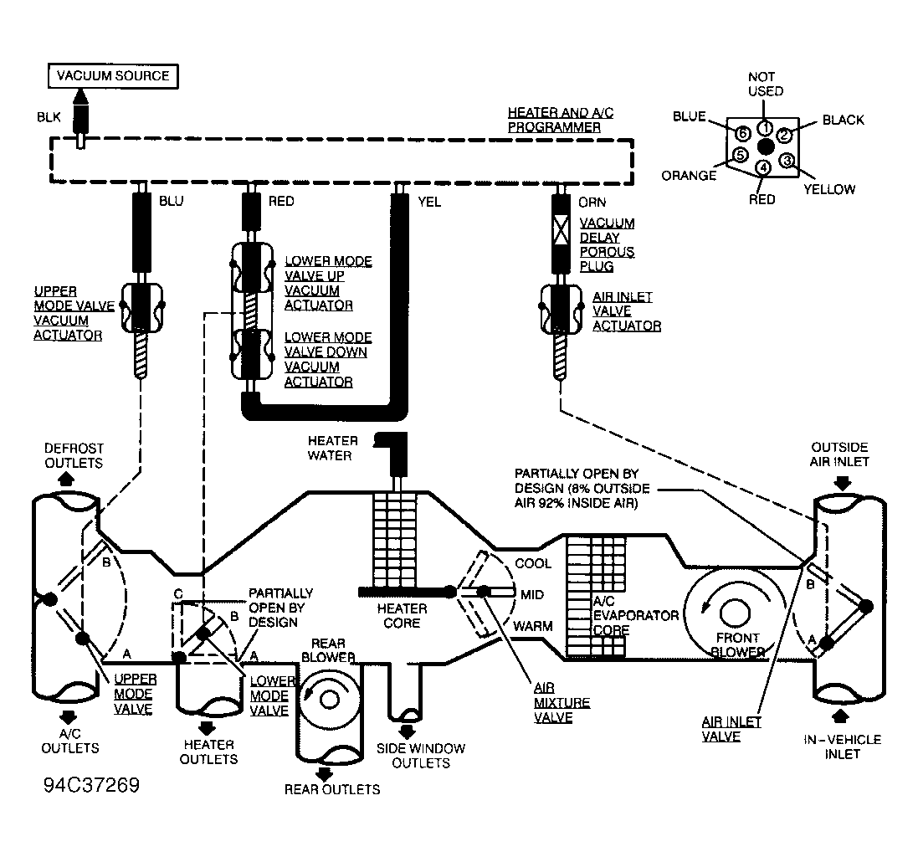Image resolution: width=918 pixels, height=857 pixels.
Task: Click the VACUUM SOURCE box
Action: pyautogui.click(x=112, y=76)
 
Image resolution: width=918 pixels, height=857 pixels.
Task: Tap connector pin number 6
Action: pyautogui.click(x=742, y=133)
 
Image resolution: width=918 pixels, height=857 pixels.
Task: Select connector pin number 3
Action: pyautogui.click(x=787, y=161)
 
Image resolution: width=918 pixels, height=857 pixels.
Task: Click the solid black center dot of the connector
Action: pyautogui.click(x=766, y=146)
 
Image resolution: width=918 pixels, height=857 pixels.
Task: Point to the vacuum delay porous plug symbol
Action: pyautogui.click(x=561, y=228)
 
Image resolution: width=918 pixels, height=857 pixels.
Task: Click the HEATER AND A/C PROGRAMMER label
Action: pyautogui.click(x=561, y=120)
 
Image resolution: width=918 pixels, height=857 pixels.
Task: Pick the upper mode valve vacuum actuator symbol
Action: pyautogui.click(x=141, y=308)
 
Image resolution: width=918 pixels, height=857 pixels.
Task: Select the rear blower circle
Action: pyautogui.click(x=329, y=700)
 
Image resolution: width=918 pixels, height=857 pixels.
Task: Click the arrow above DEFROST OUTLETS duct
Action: pyautogui.click(x=66, y=479)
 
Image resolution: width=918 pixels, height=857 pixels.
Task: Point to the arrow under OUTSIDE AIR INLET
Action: pyautogui.click(x=842, y=482)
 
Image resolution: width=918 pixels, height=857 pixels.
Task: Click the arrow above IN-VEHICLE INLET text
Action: pyautogui.click(x=841, y=716)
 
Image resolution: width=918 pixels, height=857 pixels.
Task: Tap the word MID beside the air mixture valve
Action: pyautogui.click(x=531, y=595)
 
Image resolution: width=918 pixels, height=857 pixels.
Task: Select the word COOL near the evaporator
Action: pyautogui.click(x=533, y=563)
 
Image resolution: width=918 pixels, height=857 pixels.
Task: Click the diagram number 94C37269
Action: pyautogui.click(x=92, y=785)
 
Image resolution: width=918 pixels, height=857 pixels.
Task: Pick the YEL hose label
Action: pyautogui.click(x=429, y=202)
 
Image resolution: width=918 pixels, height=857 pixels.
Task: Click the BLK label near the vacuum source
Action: pyautogui.click(x=49, y=117)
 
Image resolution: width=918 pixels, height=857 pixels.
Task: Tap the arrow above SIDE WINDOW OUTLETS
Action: pyautogui.click(x=407, y=731)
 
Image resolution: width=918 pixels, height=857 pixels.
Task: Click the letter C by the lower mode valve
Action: pyautogui.click(x=178, y=594)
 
